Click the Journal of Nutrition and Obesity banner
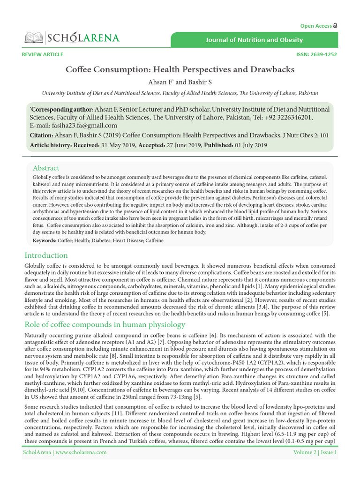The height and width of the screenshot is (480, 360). click(254, 40)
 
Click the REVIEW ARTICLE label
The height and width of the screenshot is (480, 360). click(42, 54)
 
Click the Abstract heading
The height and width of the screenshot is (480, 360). click(46, 168)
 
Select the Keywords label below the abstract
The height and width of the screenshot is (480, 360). click(44, 240)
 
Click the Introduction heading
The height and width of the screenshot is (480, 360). click(46, 255)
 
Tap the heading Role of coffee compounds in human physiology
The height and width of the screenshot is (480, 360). click(105, 324)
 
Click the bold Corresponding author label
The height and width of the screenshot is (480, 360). click(62, 109)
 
